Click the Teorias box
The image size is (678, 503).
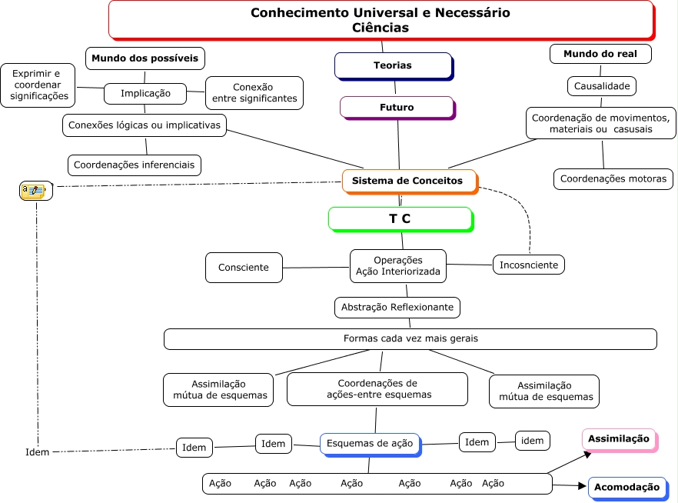pyautogui.click(x=393, y=65)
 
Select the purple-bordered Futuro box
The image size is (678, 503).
pyautogui.click(x=397, y=108)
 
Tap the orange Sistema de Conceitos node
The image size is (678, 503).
pyautogui.click(x=408, y=181)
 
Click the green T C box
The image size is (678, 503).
pyautogui.click(x=399, y=218)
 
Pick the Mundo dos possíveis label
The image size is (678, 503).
pyautogui.click(x=145, y=58)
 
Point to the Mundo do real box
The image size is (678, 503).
pyautogui.click(x=601, y=54)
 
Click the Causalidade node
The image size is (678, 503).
pyautogui.click(x=602, y=86)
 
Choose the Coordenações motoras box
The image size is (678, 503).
pyautogui.click(x=613, y=178)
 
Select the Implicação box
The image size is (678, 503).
pyautogui.click(x=145, y=94)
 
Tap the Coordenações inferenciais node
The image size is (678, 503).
pyautogui.click(x=135, y=165)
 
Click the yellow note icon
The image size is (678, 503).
pyautogui.click(x=34, y=191)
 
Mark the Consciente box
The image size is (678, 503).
pyautogui.click(x=244, y=268)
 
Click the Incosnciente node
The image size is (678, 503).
pyautogui.click(x=528, y=265)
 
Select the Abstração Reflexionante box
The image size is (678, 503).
pyautogui.click(x=397, y=308)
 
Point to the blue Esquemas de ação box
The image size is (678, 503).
pyautogui.click(x=370, y=444)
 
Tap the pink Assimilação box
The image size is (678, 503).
pyautogui.click(x=618, y=439)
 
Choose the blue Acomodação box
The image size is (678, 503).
pyautogui.click(x=626, y=487)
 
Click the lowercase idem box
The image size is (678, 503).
pyautogui.click(x=533, y=440)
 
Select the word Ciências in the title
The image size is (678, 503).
pyautogui.click(x=381, y=28)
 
